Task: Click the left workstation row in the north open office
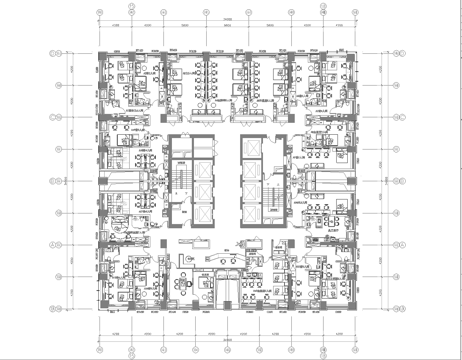[191, 80]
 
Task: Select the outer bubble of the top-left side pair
[57, 52]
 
